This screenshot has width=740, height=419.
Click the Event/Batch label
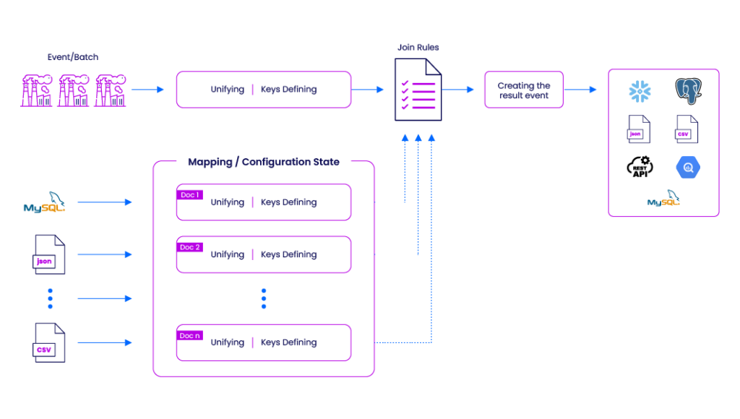[73, 57]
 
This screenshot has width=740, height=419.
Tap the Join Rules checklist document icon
[418, 90]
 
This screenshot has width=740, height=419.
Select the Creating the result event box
[524, 90]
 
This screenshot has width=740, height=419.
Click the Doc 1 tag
[190, 195]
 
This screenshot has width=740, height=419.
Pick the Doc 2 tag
[190, 247]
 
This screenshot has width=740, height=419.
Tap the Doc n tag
[190, 335]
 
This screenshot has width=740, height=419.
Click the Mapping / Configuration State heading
[263, 162]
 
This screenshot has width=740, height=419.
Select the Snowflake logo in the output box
[640, 91]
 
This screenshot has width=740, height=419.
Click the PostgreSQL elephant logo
[688, 91]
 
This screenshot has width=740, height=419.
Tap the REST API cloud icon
[640, 167]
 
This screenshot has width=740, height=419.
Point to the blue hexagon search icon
[688, 168]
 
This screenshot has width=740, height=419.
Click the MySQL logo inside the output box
[663, 198]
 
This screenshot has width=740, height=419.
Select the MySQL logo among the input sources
[44, 202]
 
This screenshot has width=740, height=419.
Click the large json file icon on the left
[48, 254]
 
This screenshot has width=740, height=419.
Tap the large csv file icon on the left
[48, 342]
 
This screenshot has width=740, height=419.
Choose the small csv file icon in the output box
[687, 129]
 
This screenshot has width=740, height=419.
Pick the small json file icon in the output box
[639, 129]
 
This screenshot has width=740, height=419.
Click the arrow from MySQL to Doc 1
[105, 202]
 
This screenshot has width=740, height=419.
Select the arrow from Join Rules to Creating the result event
[457, 89]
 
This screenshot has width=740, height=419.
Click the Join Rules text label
[418, 47]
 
